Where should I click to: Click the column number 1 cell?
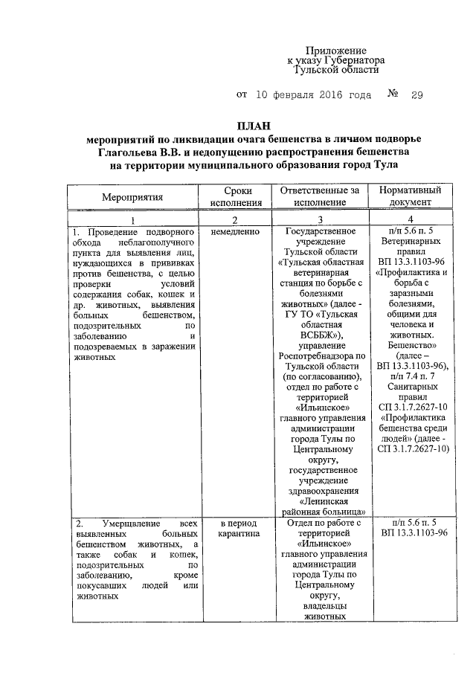pyautogui.click(x=132, y=220)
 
